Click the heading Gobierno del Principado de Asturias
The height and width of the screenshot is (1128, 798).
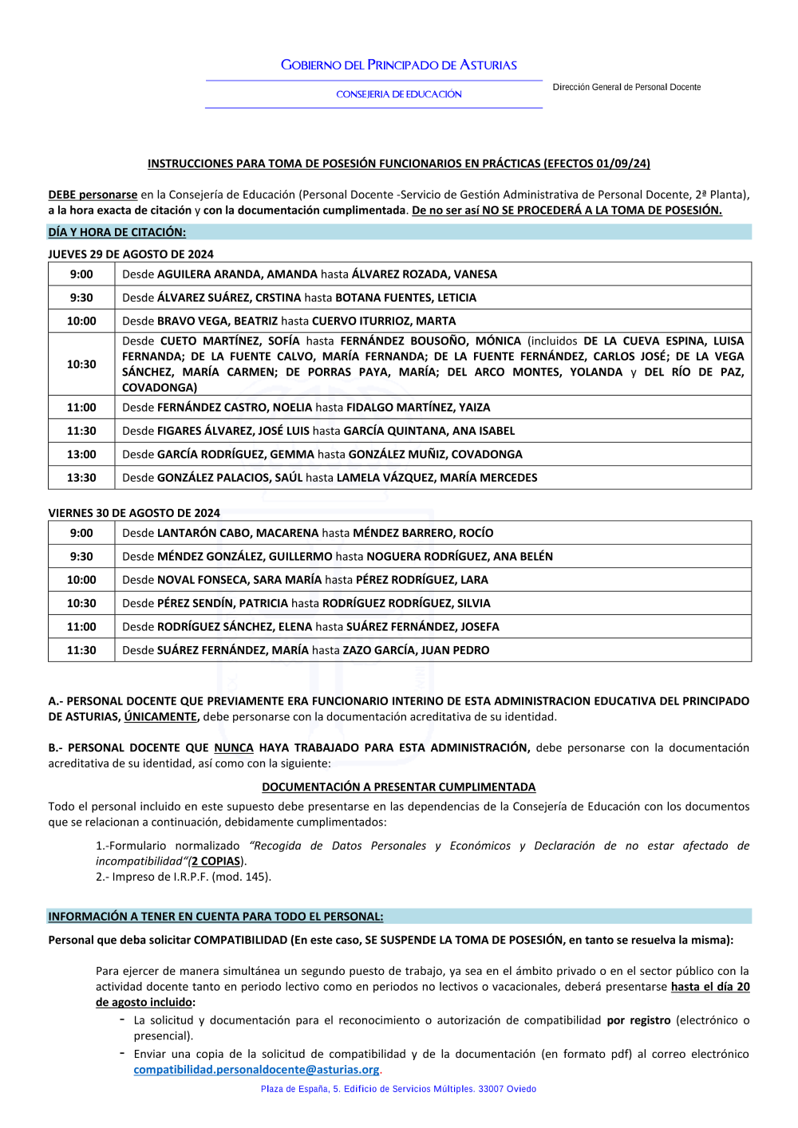point(398,65)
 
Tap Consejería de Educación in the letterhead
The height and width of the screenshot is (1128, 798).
point(399,94)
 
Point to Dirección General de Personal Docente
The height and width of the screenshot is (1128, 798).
point(626,87)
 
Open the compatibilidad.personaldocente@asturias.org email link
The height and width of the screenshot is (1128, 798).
point(256,1070)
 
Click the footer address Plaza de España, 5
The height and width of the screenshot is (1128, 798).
point(398,1089)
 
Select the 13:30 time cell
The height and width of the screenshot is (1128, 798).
point(81,478)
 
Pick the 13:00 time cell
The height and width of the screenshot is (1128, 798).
point(81,455)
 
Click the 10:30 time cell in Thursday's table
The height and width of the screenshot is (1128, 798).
point(81,365)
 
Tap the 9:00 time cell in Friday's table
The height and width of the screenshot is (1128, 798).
point(81,533)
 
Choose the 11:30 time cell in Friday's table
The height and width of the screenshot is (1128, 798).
point(81,650)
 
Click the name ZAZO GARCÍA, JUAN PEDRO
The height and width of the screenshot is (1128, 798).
point(416,650)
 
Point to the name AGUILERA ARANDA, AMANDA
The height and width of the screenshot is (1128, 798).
point(237,274)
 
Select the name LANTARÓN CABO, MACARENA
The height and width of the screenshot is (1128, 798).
point(238,533)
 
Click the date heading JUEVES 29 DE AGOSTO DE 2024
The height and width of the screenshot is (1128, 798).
point(131,254)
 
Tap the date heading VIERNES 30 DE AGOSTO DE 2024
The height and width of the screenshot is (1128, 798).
point(134,513)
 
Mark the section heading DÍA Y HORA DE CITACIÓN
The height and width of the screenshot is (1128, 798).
point(117,232)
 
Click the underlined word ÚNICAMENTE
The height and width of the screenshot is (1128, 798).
point(160,717)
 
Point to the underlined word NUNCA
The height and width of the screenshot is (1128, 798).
point(234,748)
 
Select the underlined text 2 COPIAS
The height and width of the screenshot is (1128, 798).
point(215,862)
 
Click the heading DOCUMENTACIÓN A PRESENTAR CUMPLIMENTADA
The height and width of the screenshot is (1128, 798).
point(398,787)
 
